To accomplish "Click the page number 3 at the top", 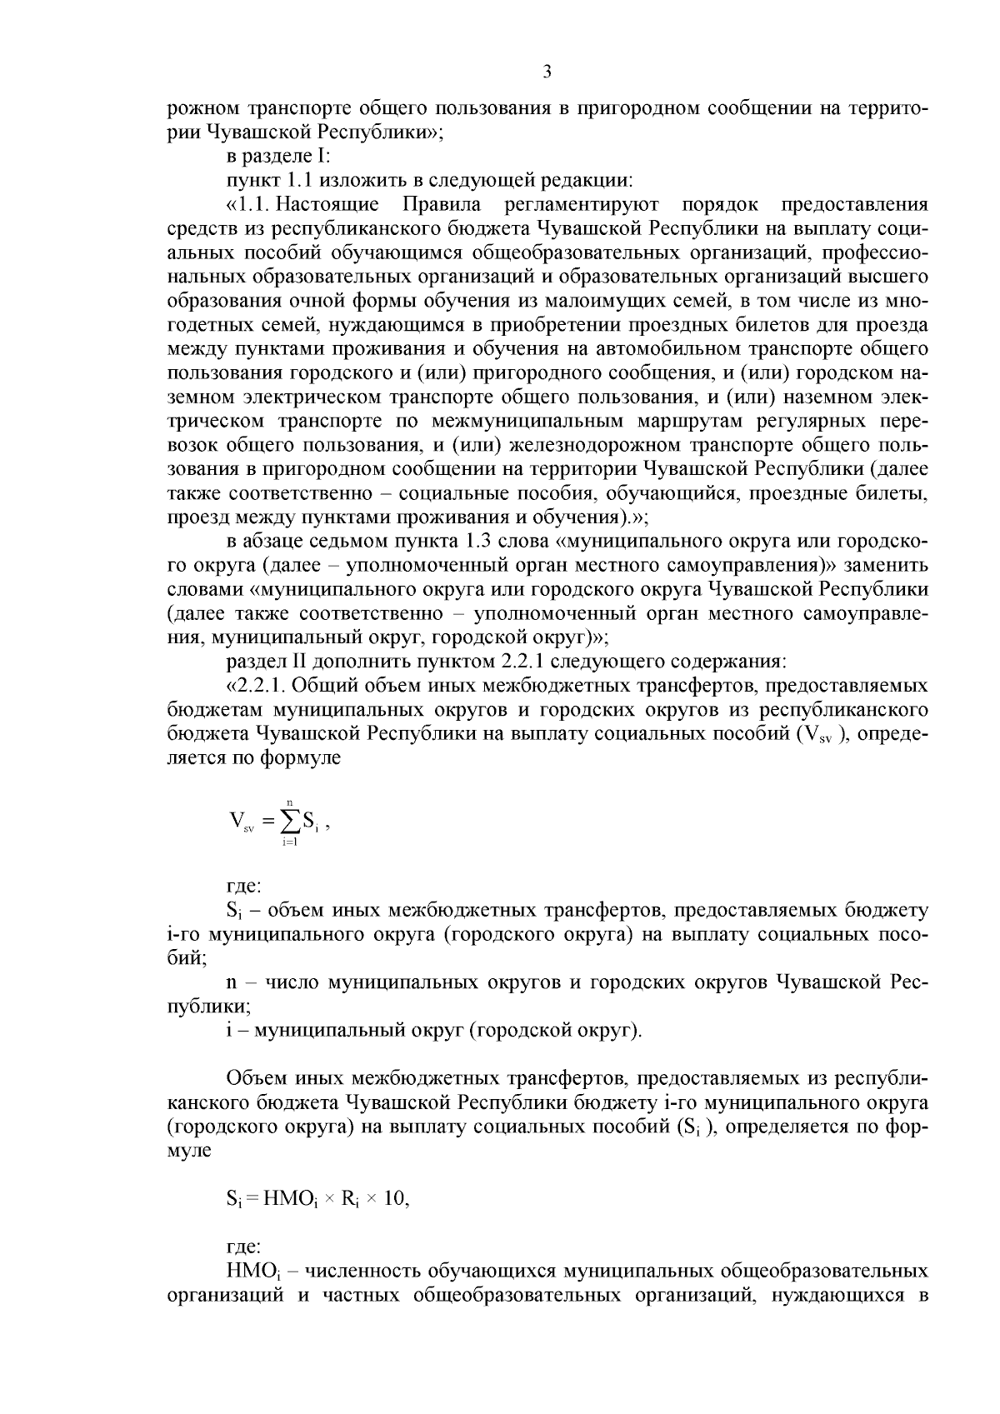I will pos(547,72).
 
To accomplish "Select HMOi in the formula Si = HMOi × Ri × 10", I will pos(288,1201).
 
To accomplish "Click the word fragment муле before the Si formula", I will pos(189,1152).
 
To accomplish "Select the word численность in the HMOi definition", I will pos(363,1272).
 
